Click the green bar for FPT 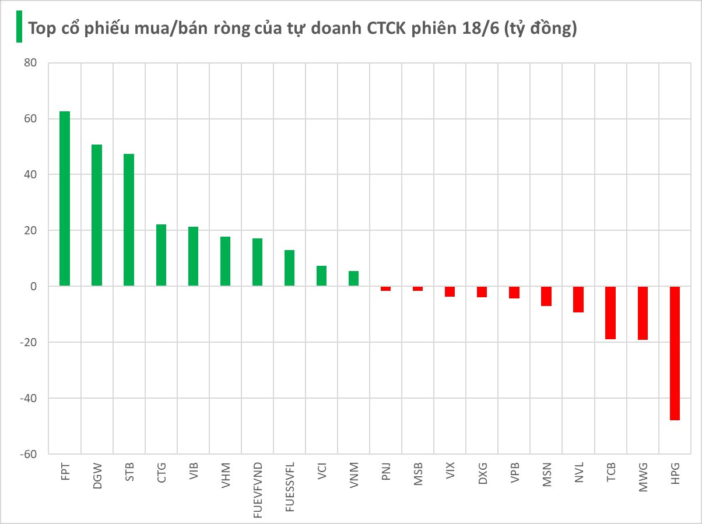point(65,198)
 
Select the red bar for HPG point(675,353)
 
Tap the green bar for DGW point(97,215)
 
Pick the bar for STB point(129,220)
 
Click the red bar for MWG point(643,313)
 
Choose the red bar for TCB point(610,312)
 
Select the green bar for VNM point(353,279)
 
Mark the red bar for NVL point(578,299)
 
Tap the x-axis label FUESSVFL point(290,487)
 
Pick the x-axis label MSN point(546,474)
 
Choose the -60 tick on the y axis point(28,454)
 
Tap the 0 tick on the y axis point(33,286)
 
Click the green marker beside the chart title point(19,27)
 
